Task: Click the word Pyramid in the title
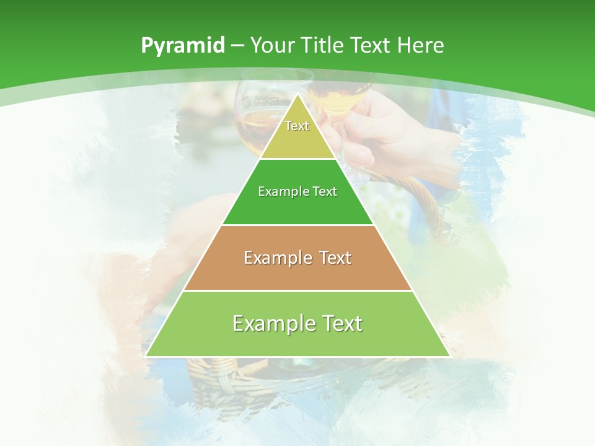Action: pos(182,46)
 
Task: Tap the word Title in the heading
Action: pos(324,46)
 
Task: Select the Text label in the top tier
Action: pos(297,126)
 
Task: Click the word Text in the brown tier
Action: pos(335,258)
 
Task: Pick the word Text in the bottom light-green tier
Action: pos(342,323)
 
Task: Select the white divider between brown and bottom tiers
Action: pos(297,291)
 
